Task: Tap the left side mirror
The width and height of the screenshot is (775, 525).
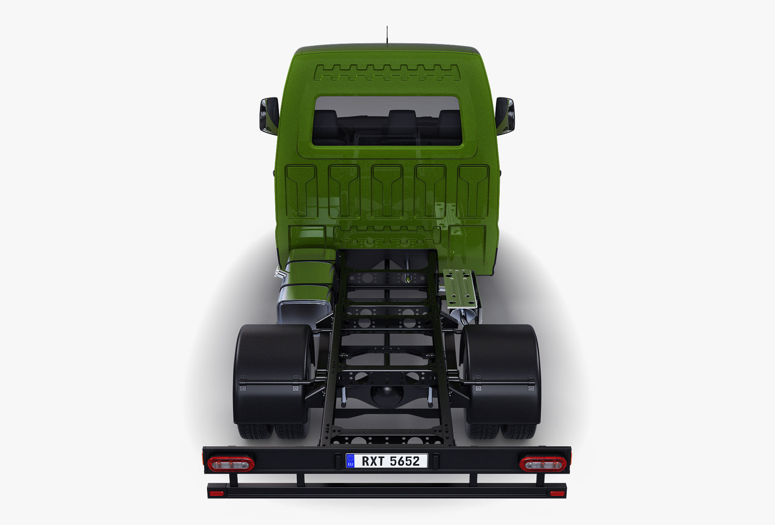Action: point(269,115)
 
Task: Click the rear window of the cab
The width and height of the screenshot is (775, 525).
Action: point(387,121)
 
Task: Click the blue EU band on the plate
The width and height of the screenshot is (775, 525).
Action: point(350,461)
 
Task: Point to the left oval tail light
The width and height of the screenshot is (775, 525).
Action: point(230,464)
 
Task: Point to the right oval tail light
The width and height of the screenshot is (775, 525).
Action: point(542,464)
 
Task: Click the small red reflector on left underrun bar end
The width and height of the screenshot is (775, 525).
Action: point(216,493)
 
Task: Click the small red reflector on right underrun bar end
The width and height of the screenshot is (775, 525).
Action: point(557,493)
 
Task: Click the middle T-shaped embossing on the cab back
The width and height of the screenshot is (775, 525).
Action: point(387,190)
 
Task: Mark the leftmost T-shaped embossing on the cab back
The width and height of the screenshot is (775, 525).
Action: point(301,190)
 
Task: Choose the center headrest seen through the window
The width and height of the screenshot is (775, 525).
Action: point(402,121)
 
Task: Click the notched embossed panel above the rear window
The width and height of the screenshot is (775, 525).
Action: point(387,73)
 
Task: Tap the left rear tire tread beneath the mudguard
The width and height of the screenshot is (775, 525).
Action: point(255,431)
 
